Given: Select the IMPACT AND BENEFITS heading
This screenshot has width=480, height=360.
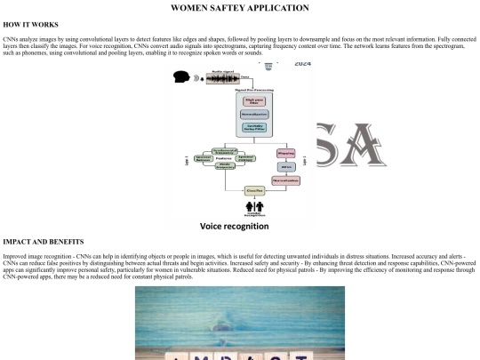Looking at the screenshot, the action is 44,242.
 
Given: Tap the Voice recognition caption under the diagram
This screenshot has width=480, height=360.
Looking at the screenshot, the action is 234,227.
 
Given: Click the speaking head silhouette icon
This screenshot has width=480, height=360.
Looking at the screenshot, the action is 181,77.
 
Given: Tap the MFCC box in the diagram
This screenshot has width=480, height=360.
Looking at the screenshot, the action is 287,166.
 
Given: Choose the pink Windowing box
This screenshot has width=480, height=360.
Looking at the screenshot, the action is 287,153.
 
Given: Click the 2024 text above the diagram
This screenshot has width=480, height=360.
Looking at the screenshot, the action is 302,64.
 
